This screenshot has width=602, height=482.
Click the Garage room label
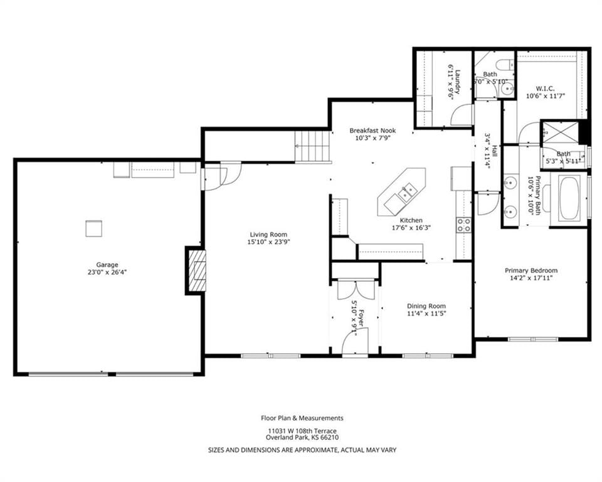(107, 265)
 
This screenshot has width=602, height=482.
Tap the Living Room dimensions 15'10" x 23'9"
(268, 242)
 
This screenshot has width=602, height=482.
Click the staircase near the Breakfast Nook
(312, 146)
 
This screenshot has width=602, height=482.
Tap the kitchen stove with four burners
(464, 225)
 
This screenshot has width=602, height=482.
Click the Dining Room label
(426, 306)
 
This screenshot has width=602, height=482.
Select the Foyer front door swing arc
(355, 340)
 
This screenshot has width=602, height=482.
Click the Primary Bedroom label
(531, 270)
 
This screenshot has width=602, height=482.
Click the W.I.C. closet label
(545, 88)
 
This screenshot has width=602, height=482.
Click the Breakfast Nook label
(372, 131)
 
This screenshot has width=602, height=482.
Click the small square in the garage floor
(93, 228)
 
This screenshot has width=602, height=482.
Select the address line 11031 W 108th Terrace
(302, 431)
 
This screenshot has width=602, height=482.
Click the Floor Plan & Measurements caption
(302, 418)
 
